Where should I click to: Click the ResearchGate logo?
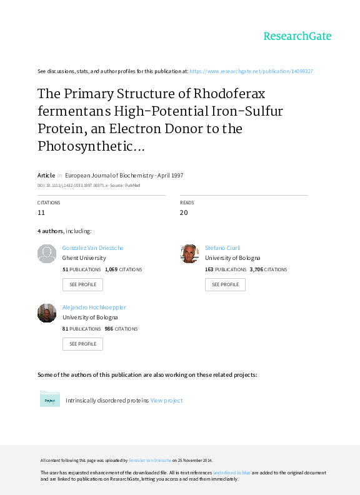pos(297,36)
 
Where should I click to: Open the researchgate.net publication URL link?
pos(251,71)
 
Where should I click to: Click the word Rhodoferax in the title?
pos(229,94)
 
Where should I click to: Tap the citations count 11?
pos(41,212)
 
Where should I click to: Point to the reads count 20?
pos(184,212)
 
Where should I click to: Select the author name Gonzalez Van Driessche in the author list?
pos(93,248)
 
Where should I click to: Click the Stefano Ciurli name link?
pos(222,248)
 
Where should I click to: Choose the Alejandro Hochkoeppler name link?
pos(94,307)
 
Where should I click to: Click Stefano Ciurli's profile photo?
pos(189,254)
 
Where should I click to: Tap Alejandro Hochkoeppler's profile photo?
pos(47,313)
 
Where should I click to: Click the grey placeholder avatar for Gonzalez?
pos(47,254)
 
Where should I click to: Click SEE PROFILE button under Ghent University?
pos(82,284)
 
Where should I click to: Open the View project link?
pos(166,400)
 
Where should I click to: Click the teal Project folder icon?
pos(50,399)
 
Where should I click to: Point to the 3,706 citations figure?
pos(256,269)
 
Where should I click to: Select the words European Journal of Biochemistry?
pos(109,175)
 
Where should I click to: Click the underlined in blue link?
pos(232,472)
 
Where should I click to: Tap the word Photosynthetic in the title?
pos(85,146)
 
